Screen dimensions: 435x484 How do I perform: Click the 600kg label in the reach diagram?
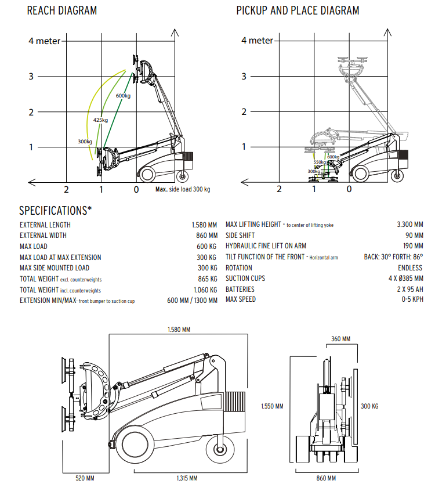[x=123, y=96]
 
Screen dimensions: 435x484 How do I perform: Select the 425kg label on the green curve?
[x=100, y=120]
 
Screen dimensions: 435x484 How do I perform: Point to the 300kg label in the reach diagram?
[x=85, y=142]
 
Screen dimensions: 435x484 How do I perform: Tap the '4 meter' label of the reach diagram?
[x=45, y=41]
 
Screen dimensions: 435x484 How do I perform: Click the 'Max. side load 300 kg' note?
[x=183, y=189]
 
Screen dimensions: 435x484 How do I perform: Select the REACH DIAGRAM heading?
[x=62, y=10]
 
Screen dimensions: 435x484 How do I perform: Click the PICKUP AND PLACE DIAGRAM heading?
[x=298, y=10]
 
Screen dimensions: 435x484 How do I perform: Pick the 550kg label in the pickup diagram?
[x=320, y=162]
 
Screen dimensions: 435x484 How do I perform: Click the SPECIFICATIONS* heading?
[x=56, y=211]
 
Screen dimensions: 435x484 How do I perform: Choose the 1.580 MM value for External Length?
[x=204, y=225]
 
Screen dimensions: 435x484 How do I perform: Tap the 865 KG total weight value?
[x=208, y=279]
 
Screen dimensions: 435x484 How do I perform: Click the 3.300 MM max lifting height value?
[x=410, y=225]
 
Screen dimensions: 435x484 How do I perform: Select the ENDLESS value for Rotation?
[x=410, y=268]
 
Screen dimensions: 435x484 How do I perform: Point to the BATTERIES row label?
[x=240, y=289]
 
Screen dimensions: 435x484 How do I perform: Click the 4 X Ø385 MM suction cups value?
[x=405, y=279]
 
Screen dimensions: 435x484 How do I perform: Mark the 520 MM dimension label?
[x=85, y=478]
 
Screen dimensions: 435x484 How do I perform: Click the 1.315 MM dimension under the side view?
[x=187, y=478]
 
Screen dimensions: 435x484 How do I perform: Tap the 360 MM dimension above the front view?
[x=340, y=339]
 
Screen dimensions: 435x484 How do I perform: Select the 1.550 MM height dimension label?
[x=272, y=406]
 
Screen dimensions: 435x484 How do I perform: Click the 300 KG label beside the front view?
[x=369, y=406]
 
